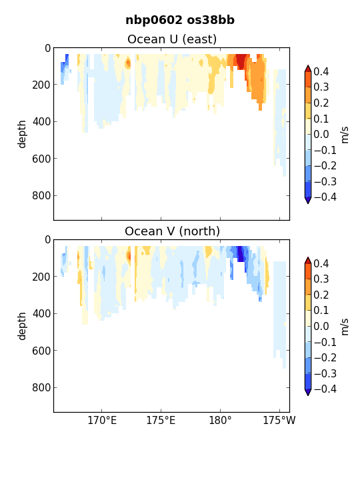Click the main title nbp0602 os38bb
[x=180, y=20]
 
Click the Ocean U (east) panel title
[x=172, y=39]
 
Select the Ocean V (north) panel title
[x=173, y=231]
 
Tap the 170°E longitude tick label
[x=102, y=420]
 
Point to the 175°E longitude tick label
[x=161, y=420]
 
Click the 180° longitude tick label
[x=220, y=420]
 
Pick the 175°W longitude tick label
[x=279, y=420]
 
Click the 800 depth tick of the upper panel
[x=41, y=195]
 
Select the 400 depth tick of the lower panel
[x=41, y=314]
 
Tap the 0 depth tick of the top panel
[x=47, y=49]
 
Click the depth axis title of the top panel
[x=22, y=134]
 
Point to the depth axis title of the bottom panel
[x=22, y=326]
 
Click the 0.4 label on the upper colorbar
[x=321, y=71]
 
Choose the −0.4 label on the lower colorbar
[x=325, y=389]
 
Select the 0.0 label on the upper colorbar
[x=321, y=135]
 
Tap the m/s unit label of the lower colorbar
[x=345, y=327]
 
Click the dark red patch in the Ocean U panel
[x=241, y=61]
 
